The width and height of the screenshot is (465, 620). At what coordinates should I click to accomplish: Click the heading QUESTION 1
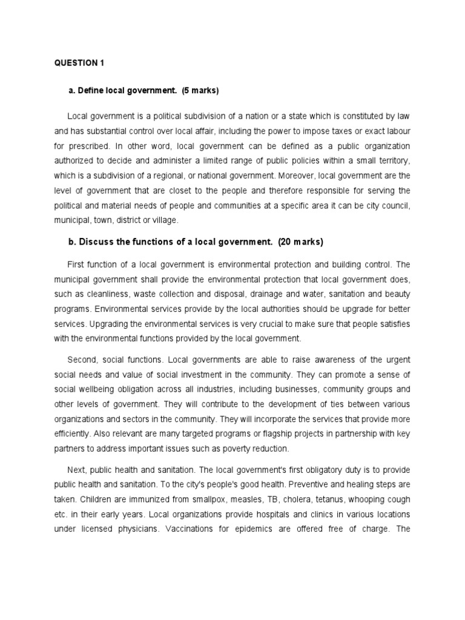tap(76, 63)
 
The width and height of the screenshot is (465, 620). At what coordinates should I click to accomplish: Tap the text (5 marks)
tap(199, 91)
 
